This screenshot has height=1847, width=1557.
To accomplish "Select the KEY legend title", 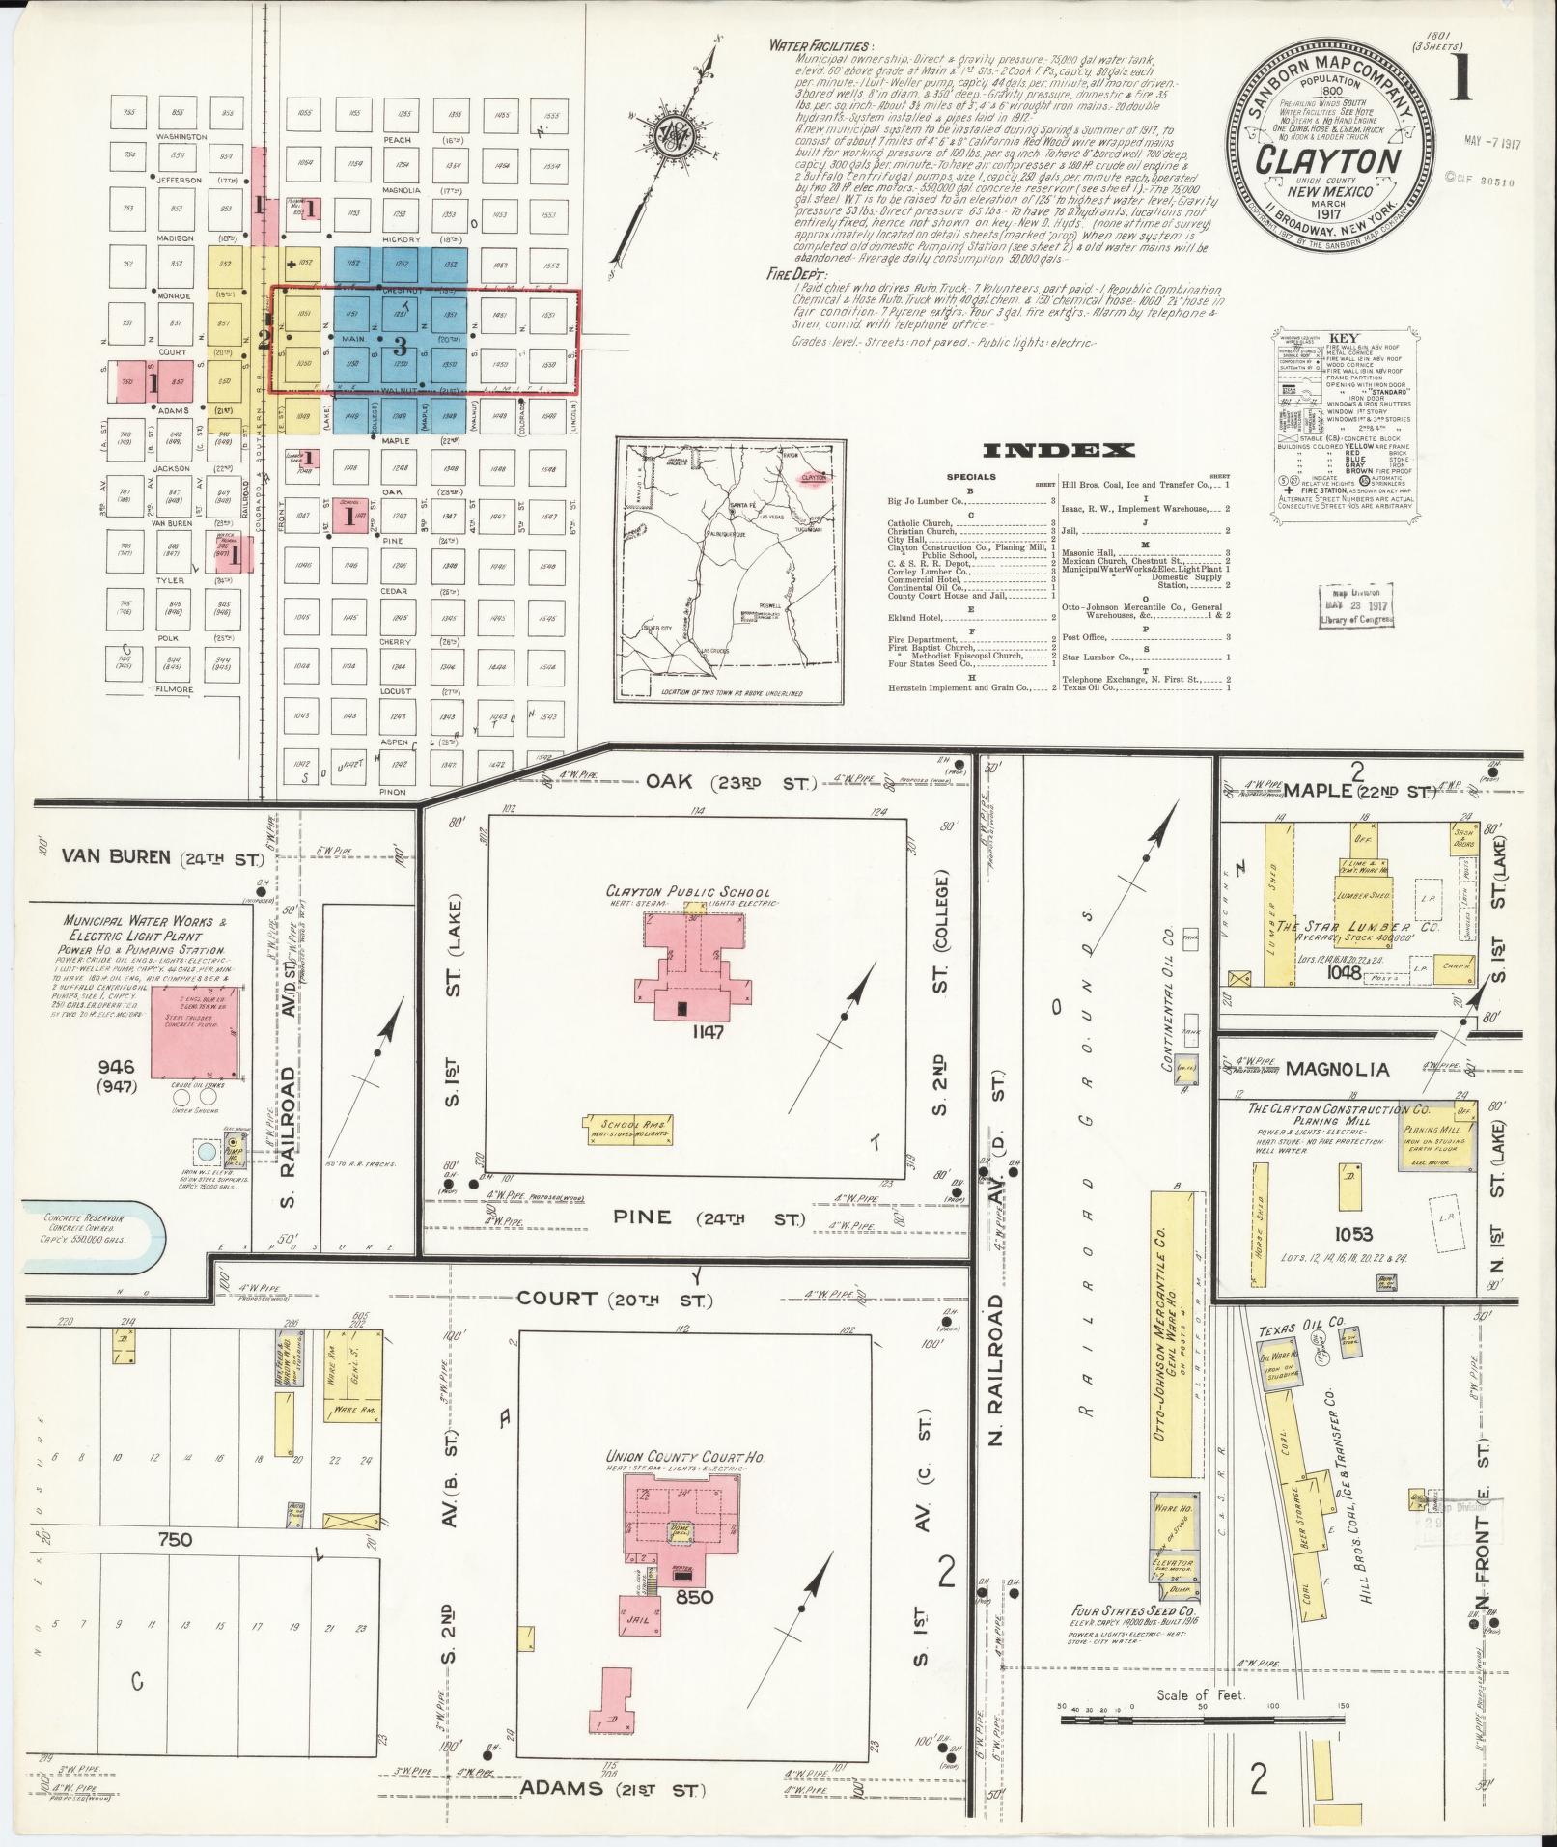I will pos(1344,339).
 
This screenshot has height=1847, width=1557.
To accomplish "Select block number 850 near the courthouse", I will pos(694,1597).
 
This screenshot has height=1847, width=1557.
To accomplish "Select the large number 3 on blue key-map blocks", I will pos(400,346).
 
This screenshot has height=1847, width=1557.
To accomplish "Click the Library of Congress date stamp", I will pos(1355,605).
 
